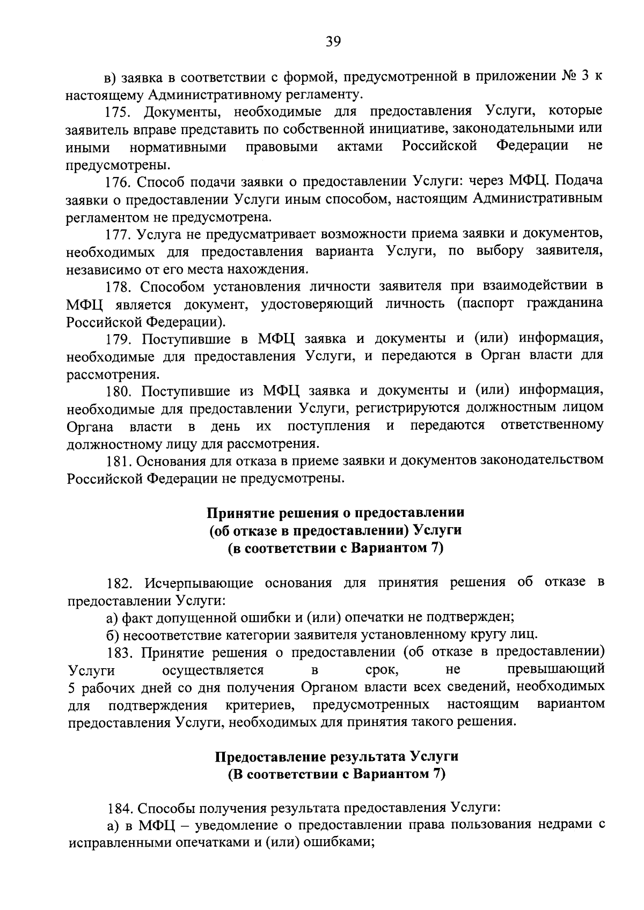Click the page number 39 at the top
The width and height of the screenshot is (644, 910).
click(x=333, y=41)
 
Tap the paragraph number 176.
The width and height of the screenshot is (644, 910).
click(x=117, y=182)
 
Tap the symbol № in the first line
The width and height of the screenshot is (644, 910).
click(x=567, y=77)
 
